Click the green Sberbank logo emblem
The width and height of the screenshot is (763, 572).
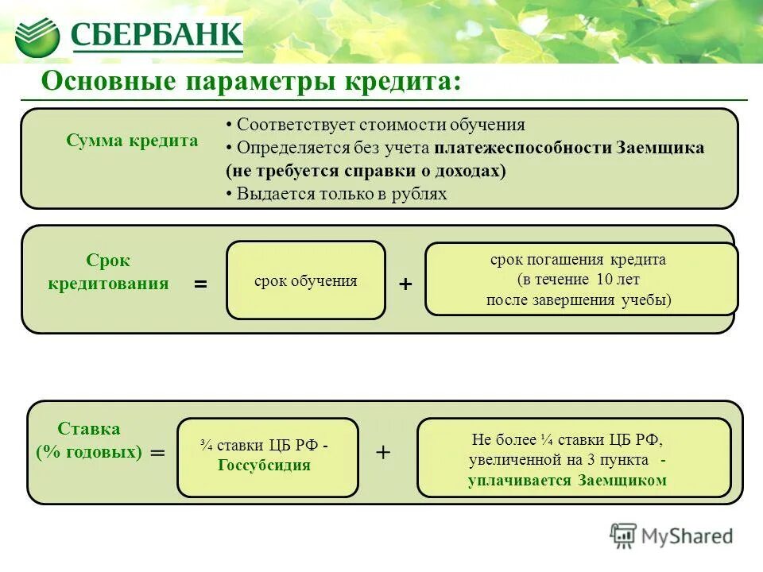(37, 36)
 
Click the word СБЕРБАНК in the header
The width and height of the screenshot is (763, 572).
(157, 35)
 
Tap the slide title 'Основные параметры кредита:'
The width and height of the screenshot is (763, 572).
(250, 82)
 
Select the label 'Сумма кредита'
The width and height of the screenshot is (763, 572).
(132, 141)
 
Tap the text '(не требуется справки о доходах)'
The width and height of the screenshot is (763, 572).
(366, 171)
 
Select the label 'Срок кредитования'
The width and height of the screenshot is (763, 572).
(108, 272)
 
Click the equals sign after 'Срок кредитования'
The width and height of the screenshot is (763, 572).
(200, 284)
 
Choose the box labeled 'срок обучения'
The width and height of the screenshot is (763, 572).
(306, 280)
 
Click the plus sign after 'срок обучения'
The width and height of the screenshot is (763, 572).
(405, 284)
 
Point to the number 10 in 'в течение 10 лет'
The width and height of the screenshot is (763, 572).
(603, 280)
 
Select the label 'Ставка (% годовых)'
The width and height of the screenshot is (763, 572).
(89, 441)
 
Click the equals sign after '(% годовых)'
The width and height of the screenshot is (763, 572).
(158, 452)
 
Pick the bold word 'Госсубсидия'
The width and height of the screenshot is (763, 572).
(264, 466)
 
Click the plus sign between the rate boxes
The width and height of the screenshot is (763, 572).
(384, 452)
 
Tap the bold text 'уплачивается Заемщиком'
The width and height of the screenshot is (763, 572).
(567, 481)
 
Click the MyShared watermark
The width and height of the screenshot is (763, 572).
(672, 536)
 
